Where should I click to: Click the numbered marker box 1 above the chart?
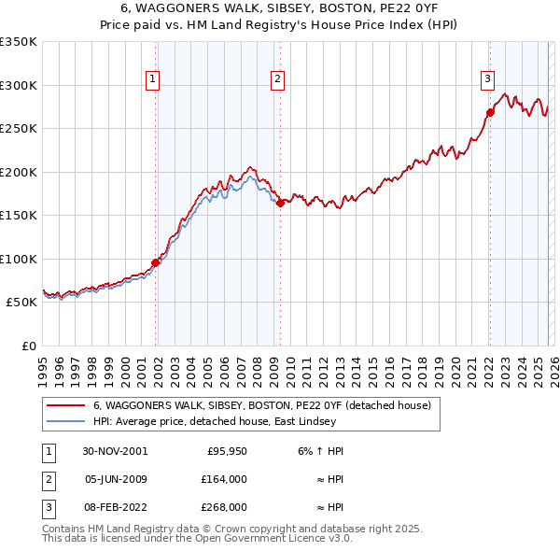pyautogui.click(x=152, y=79)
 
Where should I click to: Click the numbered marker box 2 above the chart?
pyautogui.click(x=278, y=79)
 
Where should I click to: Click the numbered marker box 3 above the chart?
pyautogui.click(x=487, y=79)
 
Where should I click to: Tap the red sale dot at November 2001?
pyautogui.click(x=156, y=262)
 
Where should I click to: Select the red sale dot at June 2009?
pyautogui.click(x=280, y=203)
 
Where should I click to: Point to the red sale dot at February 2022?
pyautogui.click(x=489, y=113)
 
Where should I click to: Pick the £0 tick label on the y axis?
pyautogui.click(x=28, y=346)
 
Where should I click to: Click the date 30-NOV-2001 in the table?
pyautogui.click(x=114, y=450)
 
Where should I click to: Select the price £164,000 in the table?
pyautogui.click(x=225, y=479)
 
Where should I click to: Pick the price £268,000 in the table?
pyautogui.click(x=225, y=508)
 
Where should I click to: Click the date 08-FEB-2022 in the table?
pyautogui.click(x=114, y=508)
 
